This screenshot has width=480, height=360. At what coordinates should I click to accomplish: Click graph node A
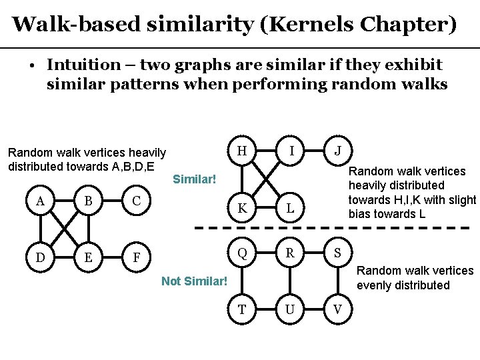(x=41, y=201)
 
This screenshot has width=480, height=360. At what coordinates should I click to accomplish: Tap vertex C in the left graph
(x=136, y=201)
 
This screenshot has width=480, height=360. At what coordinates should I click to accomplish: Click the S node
(x=338, y=253)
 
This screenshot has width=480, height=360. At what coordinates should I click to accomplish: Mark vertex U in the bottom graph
(x=291, y=310)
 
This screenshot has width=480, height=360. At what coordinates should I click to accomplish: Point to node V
(x=338, y=310)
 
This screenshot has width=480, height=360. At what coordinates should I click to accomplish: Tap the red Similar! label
(x=195, y=179)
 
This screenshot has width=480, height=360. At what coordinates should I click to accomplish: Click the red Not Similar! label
(x=195, y=281)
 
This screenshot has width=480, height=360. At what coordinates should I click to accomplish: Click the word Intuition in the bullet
(x=81, y=65)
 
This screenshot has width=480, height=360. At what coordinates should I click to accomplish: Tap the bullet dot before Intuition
(x=31, y=66)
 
